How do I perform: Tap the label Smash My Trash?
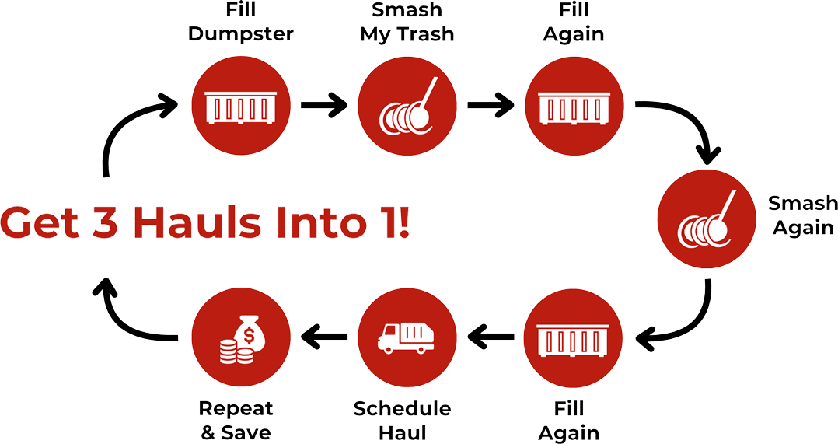tap(407, 23)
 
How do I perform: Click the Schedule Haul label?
tap(402, 421)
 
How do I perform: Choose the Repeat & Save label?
tap(236, 421)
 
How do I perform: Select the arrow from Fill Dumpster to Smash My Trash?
tap(323, 105)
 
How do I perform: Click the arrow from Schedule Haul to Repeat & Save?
tap(325, 336)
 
